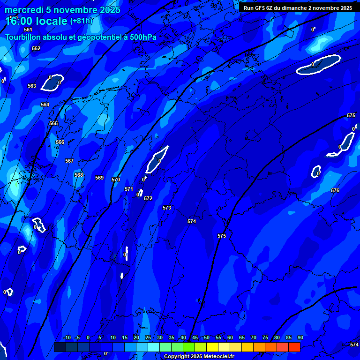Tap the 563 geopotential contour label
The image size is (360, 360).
pyautogui.click(x=32, y=86)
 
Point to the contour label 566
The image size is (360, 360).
pyautogui.click(x=60, y=142)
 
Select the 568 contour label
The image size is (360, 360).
pyautogui.click(x=79, y=175)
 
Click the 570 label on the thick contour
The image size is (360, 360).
pyautogui.click(x=116, y=180)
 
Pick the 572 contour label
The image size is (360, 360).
pyautogui.click(x=148, y=198)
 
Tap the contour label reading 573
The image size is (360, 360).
pyautogui.click(x=167, y=208)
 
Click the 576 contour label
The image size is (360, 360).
pyautogui.click(x=335, y=190)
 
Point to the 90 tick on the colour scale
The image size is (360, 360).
pyautogui.click(x=300, y=337)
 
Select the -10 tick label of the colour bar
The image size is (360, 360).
pyautogui.click(x=67, y=337)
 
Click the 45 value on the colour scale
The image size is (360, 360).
pyautogui.click(x=195, y=337)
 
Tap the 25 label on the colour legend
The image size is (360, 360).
pyautogui.click(x=148, y=337)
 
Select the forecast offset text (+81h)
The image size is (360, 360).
pyautogui.click(x=81, y=21)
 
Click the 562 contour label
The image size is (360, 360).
pyautogui.click(x=36, y=48)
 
